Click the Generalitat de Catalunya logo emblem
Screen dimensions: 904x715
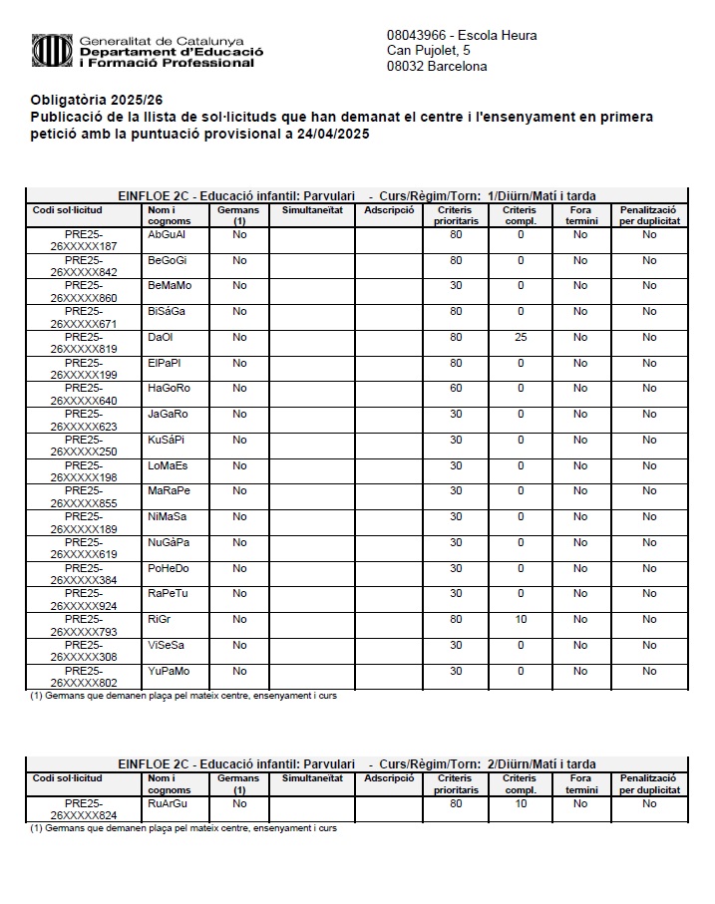point(51,49)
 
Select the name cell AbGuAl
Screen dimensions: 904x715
point(167,235)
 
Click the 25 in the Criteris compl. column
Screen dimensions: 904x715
point(521,338)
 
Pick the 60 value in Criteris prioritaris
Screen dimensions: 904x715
point(456,389)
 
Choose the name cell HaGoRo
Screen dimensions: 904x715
point(169,389)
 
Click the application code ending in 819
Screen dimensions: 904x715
point(84,344)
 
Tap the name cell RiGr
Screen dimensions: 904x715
point(160,620)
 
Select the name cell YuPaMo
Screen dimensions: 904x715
point(169,671)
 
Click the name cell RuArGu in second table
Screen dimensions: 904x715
point(168,803)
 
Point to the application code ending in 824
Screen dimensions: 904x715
point(84,809)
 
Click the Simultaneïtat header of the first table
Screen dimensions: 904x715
point(312,210)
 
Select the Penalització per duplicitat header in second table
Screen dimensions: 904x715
point(649,784)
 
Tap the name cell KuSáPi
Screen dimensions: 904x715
point(167,440)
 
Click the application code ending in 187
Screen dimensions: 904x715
point(84,241)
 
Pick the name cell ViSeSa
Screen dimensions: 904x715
point(167,645)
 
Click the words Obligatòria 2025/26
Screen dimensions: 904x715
point(96,101)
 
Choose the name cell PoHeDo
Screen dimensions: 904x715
point(169,568)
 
